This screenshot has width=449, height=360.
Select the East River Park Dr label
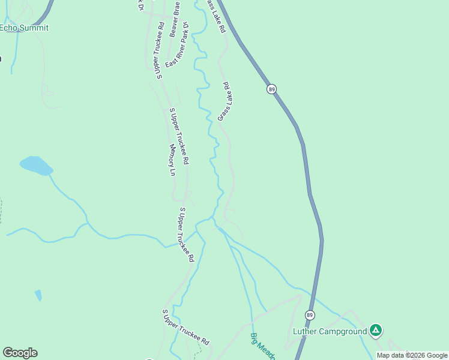(178, 45)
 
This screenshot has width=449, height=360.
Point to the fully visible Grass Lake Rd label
(225, 101)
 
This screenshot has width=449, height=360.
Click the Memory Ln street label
(172, 160)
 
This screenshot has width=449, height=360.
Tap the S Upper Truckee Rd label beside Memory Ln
(179, 137)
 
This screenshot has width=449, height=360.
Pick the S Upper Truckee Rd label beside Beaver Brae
(160, 50)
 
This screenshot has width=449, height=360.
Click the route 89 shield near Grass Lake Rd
(272, 89)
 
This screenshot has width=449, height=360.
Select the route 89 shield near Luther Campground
(310, 315)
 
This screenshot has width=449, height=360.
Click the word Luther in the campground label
(307, 331)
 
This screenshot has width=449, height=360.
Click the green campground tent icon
(376, 330)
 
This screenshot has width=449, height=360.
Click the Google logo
(20, 353)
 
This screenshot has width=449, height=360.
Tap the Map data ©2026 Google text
(412, 355)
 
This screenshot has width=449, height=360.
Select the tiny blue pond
(38, 295)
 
